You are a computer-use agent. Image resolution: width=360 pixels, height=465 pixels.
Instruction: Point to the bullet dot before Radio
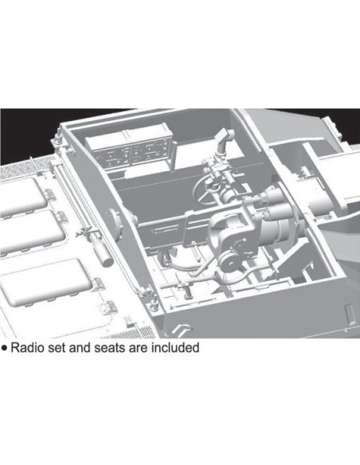pos(4,348)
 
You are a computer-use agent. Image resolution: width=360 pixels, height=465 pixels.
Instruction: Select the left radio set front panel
pos(112,156)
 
